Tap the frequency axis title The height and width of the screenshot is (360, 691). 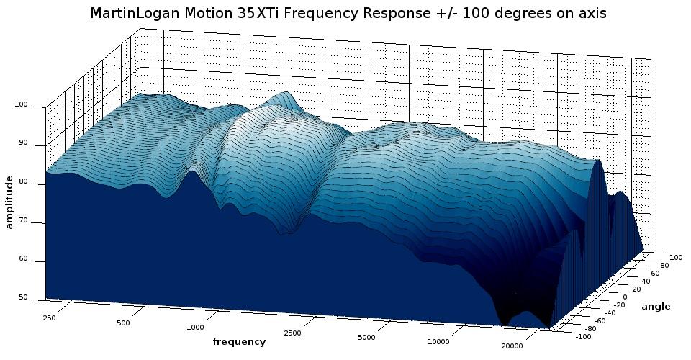pyautogui.click(x=239, y=342)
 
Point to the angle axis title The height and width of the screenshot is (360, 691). pyautogui.click(x=656, y=307)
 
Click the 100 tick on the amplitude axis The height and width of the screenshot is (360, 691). pyautogui.click(x=20, y=105)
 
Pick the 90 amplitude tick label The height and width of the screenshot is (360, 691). pyautogui.click(x=22, y=143)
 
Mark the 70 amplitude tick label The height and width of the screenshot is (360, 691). pyautogui.click(x=22, y=220)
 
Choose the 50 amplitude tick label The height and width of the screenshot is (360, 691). pyautogui.click(x=22, y=297)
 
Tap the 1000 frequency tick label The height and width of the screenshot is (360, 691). pyautogui.click(x=195, y=328)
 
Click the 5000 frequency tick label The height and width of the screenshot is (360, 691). pyautogui.click(x=366, y=338)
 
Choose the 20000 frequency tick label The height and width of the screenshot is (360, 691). pyautogui.click(x=512, y=346)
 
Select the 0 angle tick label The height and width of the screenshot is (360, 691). pyautogui.click(x=625, y=297)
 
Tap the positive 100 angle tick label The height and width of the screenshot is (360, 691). pyautogui.click(x=676, y=257)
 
